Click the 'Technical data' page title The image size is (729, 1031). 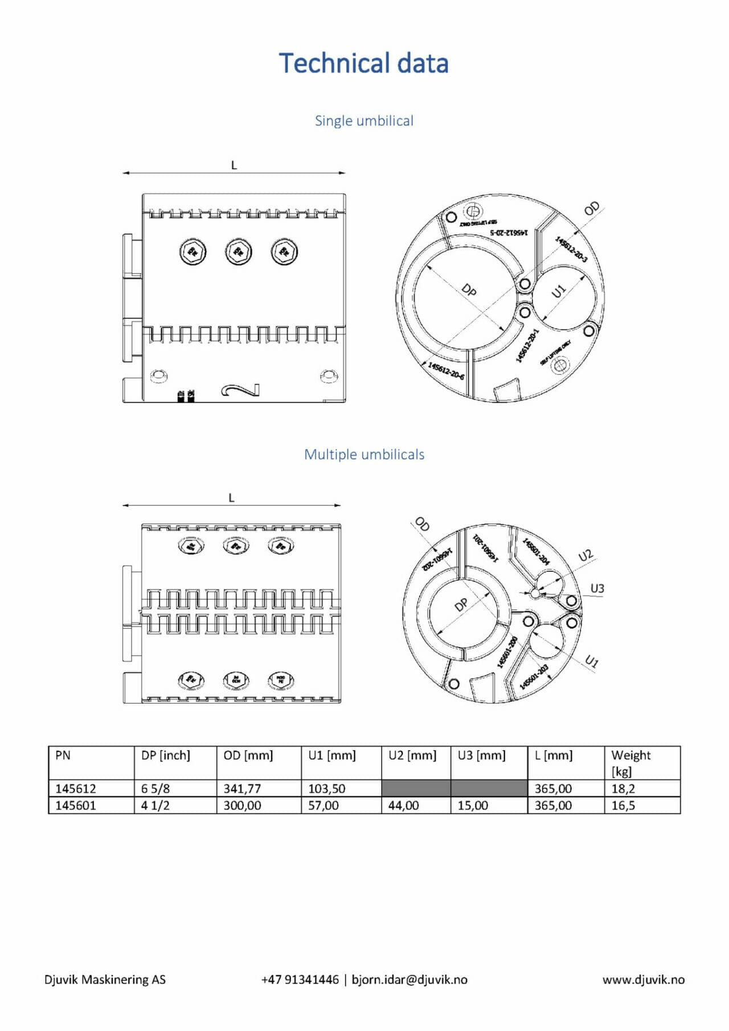pyautogui.click(x=363, y=63)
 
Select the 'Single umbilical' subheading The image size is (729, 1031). pyautogui.click(x=364, y=121)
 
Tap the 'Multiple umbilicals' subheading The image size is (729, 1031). pyautogui.click(x=364, y=455)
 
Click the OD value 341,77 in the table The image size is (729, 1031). pyautogui.click(x=242, y=788)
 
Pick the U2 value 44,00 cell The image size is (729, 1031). pyautogui.click(x=403, y=805)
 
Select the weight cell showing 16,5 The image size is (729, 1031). pyautogui.click(x=623, y=805)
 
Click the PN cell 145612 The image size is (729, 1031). pyautogui.click(x=75, y=788)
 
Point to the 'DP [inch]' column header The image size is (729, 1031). pyautogui.click(x=166, y=755)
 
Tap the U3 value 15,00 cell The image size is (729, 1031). pyautogui.click(x=473, y=805)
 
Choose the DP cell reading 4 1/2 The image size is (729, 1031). pyautogui.click(x=155, y=805)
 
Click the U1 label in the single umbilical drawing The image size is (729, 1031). pyautogui.click(x=559, y=291)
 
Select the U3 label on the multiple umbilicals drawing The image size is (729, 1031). pyautogui.click(x=597, y=588)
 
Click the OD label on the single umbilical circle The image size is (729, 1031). pyautogui.click(x=592, y=209)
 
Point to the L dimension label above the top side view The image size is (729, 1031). pyautogui.click(x=234, y=165)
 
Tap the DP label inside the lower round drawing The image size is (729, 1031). pyautogui.click(x=461, y=604)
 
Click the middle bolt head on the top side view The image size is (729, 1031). pyautogui.click(x=239, y=252)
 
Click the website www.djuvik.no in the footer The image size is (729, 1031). pyautogui.click(x=643, y=980)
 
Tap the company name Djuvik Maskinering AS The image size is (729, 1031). pyautogui.click(x=105, y=980)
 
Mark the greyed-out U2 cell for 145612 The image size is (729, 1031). pyautogui.click(x=416, y=788)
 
